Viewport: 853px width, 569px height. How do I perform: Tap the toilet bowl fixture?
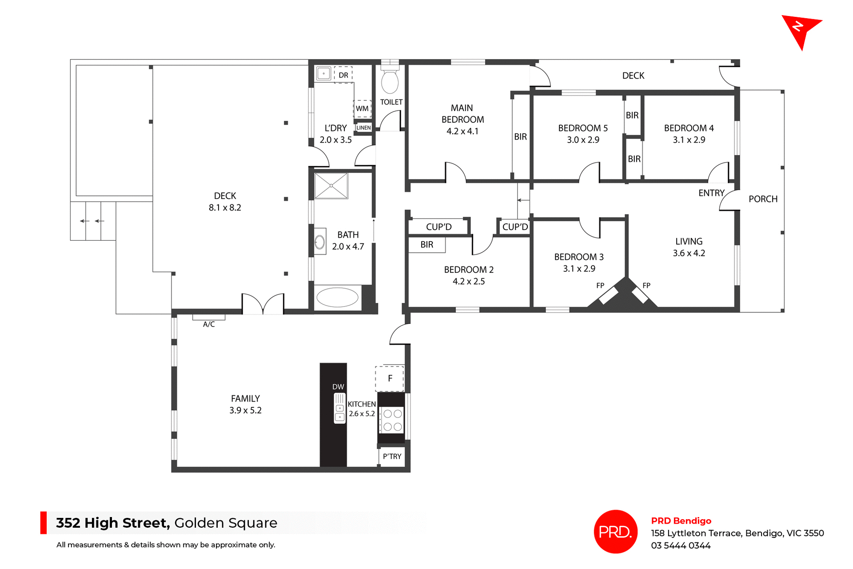[390, 81]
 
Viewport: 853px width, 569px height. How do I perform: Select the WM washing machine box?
[362, 108]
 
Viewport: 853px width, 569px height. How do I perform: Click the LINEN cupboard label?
[363, 127]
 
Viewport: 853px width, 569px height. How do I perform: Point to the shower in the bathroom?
[331, 185]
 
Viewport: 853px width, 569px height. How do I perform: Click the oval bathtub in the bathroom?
[337, 298]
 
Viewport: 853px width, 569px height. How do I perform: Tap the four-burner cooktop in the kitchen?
[392, 420]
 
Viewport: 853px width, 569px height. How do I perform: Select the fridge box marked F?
[390, 378]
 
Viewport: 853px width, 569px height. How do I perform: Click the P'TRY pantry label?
[392, 457]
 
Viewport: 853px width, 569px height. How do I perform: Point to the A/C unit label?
[209, 324]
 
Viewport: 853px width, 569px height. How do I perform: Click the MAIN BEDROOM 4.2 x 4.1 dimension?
[462, 131]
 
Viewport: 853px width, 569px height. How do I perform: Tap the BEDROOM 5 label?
[582, 128]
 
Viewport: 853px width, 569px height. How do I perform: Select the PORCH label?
[763, 199]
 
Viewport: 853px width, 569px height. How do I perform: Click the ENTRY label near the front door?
[711, 193]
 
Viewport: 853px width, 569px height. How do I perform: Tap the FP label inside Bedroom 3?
[600, 286]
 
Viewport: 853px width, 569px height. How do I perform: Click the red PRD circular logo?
[615, 531]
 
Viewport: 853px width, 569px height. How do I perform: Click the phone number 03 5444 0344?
[681, 545]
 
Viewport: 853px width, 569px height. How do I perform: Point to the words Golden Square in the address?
[226, 523]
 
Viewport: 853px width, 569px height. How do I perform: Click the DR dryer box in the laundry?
[343, 75]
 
